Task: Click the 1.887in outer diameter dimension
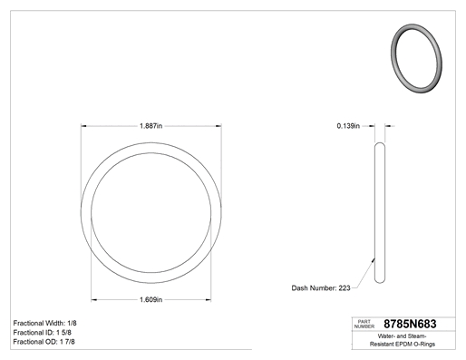pyautogui.click(x=150, y=126)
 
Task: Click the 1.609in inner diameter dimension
pyautogui.click(x=150, y=299)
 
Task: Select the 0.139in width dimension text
pyautogui.click(x=348, y=126)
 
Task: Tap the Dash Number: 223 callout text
pyautogui.click(x=321, y=288)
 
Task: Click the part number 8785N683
pyautogui.click(x=410, y=324)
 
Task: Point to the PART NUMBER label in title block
pyautogui.click(x=364, y=324)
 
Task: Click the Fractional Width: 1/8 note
pyautogui.click(x=44, y=323)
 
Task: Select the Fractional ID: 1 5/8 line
pyautogui.click(x=43, y=333)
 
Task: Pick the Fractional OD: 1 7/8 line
pyautogui.click(x=44, y=342)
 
